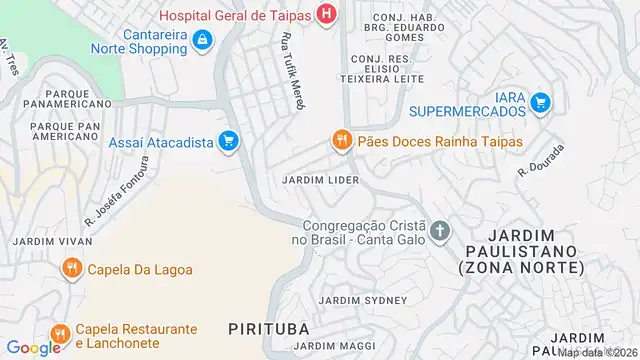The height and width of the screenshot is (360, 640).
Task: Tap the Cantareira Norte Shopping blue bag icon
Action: click(203, 39)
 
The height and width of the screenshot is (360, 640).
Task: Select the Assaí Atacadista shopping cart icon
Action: click(229, 142)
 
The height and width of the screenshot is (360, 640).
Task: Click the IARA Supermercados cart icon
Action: click(541, 101)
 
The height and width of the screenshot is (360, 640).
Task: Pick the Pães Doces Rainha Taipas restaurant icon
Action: click(342, 142)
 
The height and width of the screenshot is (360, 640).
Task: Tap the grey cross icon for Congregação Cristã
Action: click(440, 233)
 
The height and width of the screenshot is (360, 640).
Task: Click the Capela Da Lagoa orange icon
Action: click(72, 268)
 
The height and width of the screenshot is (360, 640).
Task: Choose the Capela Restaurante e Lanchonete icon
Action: click(60, 332)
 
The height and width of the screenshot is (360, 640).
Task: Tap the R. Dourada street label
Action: click(542, 159)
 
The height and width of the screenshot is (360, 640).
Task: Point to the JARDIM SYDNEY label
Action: click(362, 300)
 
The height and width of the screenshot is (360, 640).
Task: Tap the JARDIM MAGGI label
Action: click(345, 346)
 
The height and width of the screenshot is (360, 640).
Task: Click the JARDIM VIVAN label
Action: click(52, 241)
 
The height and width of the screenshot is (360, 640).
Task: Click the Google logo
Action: click(33, 348)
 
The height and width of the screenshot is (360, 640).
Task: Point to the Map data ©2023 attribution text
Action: click(596, 353)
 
